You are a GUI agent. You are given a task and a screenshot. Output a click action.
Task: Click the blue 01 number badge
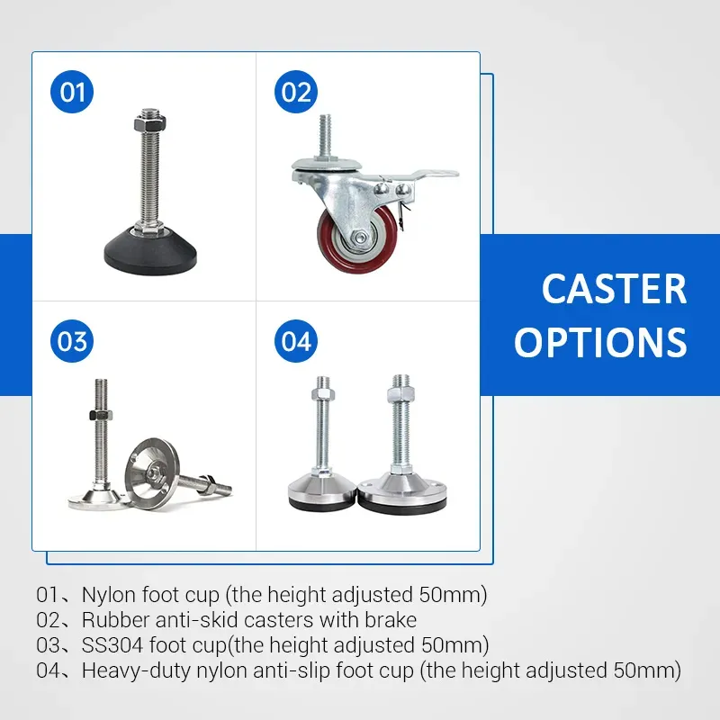[72, 92]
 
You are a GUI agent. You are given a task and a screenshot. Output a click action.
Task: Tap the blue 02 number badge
[296, 92]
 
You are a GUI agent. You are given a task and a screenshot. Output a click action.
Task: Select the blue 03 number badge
[72, 341]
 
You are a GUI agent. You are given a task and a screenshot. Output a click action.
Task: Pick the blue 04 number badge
[296, 341]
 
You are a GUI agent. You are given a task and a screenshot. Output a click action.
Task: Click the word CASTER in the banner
[614, 289]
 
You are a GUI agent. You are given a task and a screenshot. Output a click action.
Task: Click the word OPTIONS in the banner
[600, 342]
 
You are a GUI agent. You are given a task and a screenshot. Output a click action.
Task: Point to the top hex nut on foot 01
[149, 123]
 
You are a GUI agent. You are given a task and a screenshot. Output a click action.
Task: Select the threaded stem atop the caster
[324, 137]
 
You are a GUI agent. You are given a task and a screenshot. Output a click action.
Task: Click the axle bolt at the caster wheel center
[361, 237]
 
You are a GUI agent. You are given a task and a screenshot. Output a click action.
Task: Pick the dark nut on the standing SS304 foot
[101, 415]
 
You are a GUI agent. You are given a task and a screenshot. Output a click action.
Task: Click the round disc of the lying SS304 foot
[152, 474]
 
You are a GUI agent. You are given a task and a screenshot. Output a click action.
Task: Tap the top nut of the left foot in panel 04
[323, 394]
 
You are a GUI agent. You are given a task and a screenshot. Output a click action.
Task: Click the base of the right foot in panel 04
[401, 495]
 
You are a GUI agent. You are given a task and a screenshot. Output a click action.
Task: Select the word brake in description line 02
[391, 620]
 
